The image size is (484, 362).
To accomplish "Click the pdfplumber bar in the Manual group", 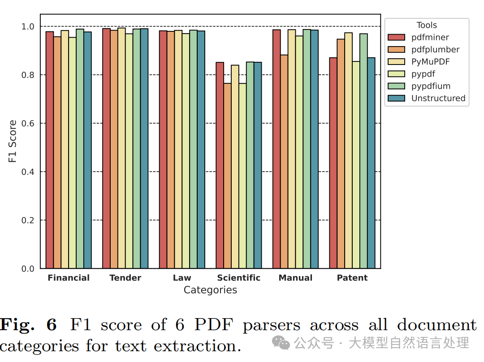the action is coord(284,162).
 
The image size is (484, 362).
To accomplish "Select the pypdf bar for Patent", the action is coord(356,165).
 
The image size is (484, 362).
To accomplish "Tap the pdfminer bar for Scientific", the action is coord(220,165).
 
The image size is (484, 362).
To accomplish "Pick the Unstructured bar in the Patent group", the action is coord(371,163).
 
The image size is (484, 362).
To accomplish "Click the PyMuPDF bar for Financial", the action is coord(65,149).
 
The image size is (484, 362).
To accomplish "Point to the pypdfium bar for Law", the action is coord(193,149).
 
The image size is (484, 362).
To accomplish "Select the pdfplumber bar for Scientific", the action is coord(228,176).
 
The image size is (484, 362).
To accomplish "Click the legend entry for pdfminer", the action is coord(418,37).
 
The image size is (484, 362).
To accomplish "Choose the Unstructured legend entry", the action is coord(427,98).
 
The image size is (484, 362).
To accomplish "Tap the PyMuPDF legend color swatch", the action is coord(396,62).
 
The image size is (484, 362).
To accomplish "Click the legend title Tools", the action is coord(427,25).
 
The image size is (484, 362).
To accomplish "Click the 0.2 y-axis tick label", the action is coord(28,220).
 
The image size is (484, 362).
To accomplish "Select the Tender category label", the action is coord(125,278).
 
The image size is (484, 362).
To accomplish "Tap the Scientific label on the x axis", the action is coord(238,278).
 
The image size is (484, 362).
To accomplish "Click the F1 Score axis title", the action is coord(12,141).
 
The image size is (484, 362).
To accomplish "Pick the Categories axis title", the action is coord(210,290).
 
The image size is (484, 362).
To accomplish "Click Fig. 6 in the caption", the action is coord(28,325).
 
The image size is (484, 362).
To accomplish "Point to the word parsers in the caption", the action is coord(271,326).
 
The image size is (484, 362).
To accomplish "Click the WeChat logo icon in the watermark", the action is coord(281,343).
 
